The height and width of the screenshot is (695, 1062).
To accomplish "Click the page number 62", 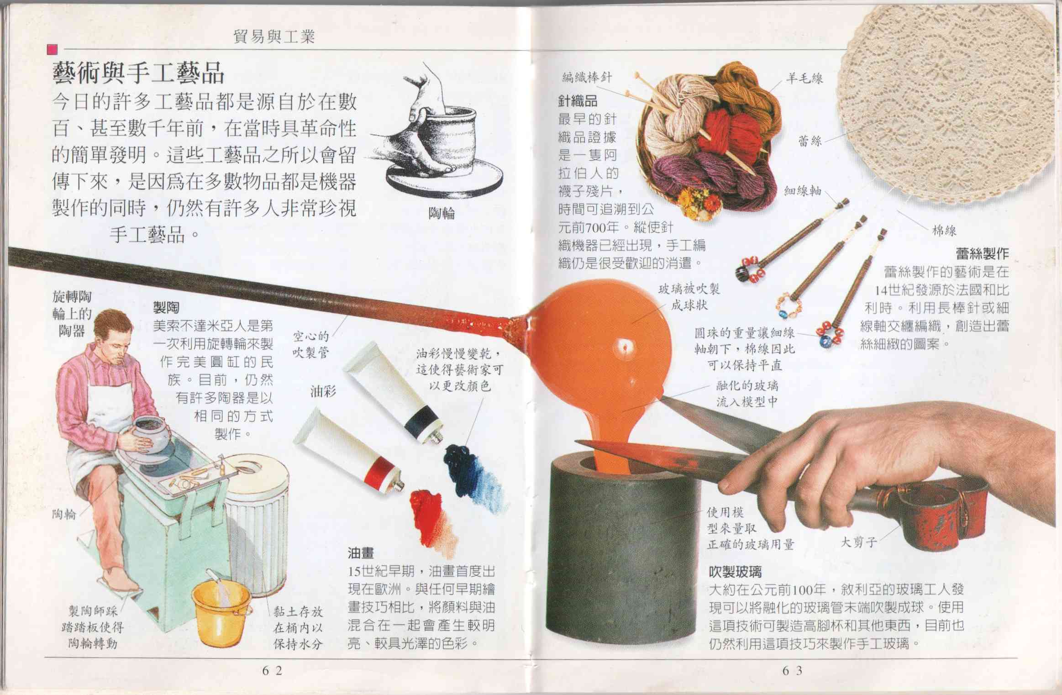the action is click(272, 670).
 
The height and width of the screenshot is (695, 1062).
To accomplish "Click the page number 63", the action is click(792, 670).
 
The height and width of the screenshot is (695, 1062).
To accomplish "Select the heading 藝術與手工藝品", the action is click(138, 73).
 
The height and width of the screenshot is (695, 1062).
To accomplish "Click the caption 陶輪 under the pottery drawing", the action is click(442, 213).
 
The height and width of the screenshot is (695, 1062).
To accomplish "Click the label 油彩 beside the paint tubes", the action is click(323, 391).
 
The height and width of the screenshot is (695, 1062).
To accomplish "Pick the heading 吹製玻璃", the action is click(735, 572).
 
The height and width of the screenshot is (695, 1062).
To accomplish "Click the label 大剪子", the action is click(859, 542).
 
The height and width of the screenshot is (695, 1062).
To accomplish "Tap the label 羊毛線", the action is click(804, 79).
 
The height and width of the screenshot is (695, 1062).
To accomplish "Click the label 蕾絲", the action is click(810, 141).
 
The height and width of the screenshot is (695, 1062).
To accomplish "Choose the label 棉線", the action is click(944, 231).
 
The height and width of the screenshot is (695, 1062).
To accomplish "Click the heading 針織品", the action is click(578, 101).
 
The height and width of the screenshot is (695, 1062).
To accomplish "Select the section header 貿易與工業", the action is click(274, 37).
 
